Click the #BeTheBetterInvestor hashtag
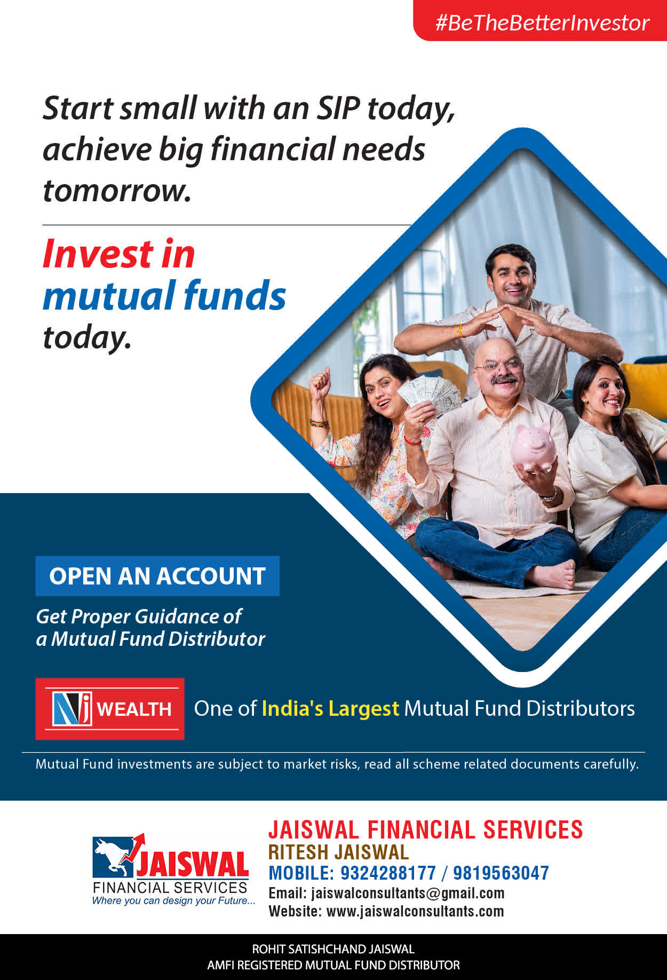click(x=542, y=23)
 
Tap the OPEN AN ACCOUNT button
click(x=157, y=576)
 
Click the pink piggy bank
click(x=533, y=447)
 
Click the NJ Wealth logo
click(x=110, y=709)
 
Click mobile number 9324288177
click(x=388, y=873)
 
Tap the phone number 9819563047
click(x=501, y=873)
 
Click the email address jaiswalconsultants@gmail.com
click(x=408, y=893)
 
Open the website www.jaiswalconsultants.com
click(x=415, y=911)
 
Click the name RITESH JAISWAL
click(x=338, y=852)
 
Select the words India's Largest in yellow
click(x=330, y=708)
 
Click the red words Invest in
click(x=119, y=254)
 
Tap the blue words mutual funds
click(x=164, y=295)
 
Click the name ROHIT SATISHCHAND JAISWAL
click(x=333, y=949)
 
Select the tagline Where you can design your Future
click(x=173, y=900)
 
